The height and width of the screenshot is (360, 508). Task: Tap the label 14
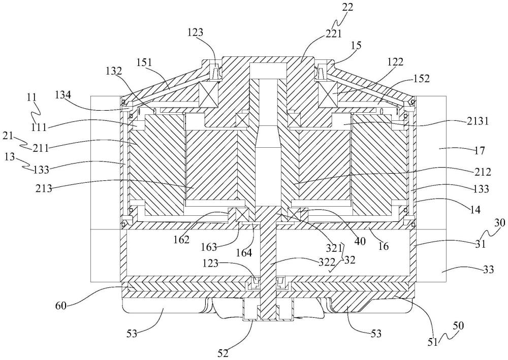(x=475, y=209)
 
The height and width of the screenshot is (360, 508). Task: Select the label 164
(x=244, y=253)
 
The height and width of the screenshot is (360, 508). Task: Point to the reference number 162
(x=181, y=240)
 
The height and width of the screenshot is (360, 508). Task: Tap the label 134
(x=63, y=95)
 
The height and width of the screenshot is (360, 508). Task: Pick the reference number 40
(x=360, y=241)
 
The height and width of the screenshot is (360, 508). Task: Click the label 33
(x=489, y=269)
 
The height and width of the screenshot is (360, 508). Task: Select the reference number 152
(x=421, y=79)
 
